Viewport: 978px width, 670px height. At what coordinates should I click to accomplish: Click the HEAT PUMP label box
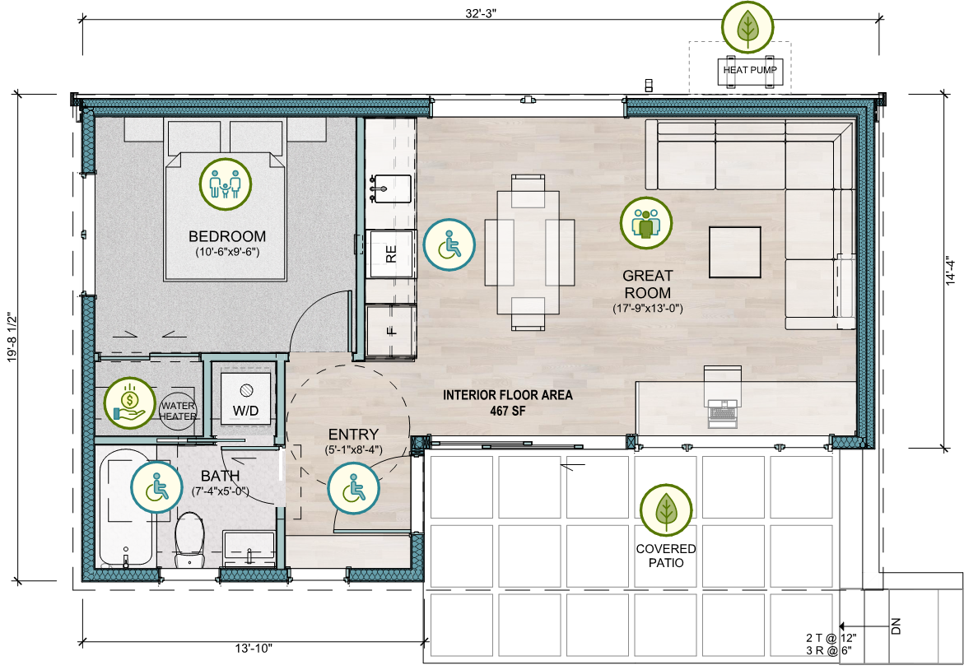click(750, 71)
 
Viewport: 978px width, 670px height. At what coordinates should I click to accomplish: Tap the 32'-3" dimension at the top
click(480, 13)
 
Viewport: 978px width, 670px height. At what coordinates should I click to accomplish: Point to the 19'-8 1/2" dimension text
click(12, 337)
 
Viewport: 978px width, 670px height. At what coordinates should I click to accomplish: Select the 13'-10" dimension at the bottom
click(254, 648)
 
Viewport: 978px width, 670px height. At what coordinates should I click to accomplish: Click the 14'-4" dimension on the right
click(951, 271)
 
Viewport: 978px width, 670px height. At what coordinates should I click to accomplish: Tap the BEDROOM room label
click(227, 236)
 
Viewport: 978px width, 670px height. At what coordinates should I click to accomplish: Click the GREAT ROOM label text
click(647, 284)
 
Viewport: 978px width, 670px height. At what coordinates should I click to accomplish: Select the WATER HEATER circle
click(178, 411)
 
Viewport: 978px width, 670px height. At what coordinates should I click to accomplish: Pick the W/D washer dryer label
click(246, 411)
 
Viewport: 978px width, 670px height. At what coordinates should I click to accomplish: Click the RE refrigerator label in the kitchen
click(391, 254)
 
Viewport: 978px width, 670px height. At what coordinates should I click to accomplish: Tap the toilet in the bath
click(189, 540)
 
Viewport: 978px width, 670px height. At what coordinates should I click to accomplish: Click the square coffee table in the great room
click(735, 252)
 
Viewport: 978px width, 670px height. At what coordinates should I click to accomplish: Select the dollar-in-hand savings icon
click(130, 403)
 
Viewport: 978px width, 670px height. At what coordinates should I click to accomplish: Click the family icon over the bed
click(226, 184)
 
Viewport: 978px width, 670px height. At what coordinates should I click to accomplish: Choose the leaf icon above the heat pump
click(747, 26)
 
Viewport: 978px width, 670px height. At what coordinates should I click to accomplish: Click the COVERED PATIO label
click(665, 556)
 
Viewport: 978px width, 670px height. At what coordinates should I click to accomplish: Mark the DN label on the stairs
click(896, 626)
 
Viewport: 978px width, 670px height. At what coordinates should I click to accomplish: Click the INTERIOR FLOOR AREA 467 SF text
click(508, 402)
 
